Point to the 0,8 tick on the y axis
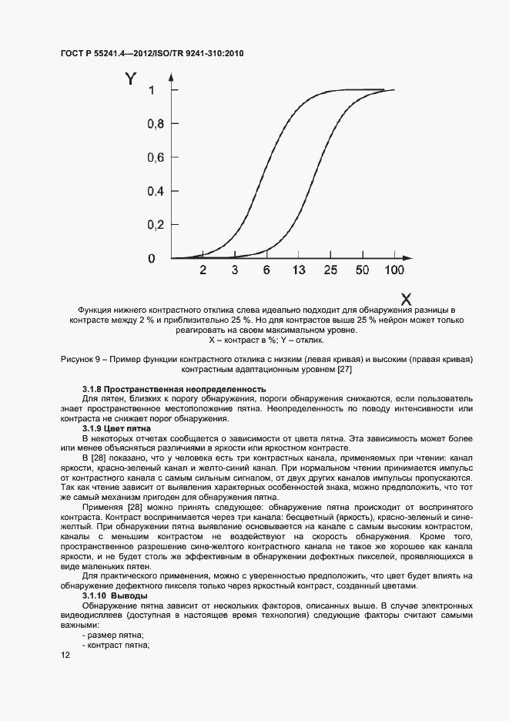pos(156,124)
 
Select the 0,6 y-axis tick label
pos(156,158)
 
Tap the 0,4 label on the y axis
pos(156,191)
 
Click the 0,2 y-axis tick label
pos(156,225)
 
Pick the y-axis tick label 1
pos(152,90)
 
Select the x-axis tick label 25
pos(330,270)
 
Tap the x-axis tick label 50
pos(362,270)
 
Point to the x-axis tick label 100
pos(393,270)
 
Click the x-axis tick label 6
pos(266,270)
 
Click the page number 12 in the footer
pos(65,655)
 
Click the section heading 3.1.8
pos(174,389)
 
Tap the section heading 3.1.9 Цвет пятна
pos(116,428)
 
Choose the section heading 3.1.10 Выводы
pos(112,595)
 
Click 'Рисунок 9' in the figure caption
pos(79,360)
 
